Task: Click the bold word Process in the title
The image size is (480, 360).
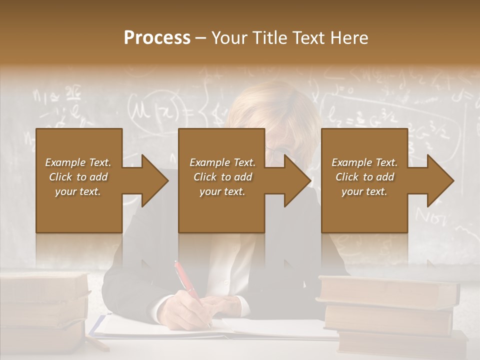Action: pyautogui.click(x=157, y=37)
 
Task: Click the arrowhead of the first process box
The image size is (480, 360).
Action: pyautogui.click(x=155, y=181)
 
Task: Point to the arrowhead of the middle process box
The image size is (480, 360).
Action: pyautogui.click(x=298, y=181)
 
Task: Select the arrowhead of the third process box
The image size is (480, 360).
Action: pyautogui.click(x=440, y=181)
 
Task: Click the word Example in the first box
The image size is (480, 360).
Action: pyautogui.click(x=64, y=162)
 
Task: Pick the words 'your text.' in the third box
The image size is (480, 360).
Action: pyautogui.click(x=364, y=191)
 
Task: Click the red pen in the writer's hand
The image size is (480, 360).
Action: pyautogui.click(x=187, y=284)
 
